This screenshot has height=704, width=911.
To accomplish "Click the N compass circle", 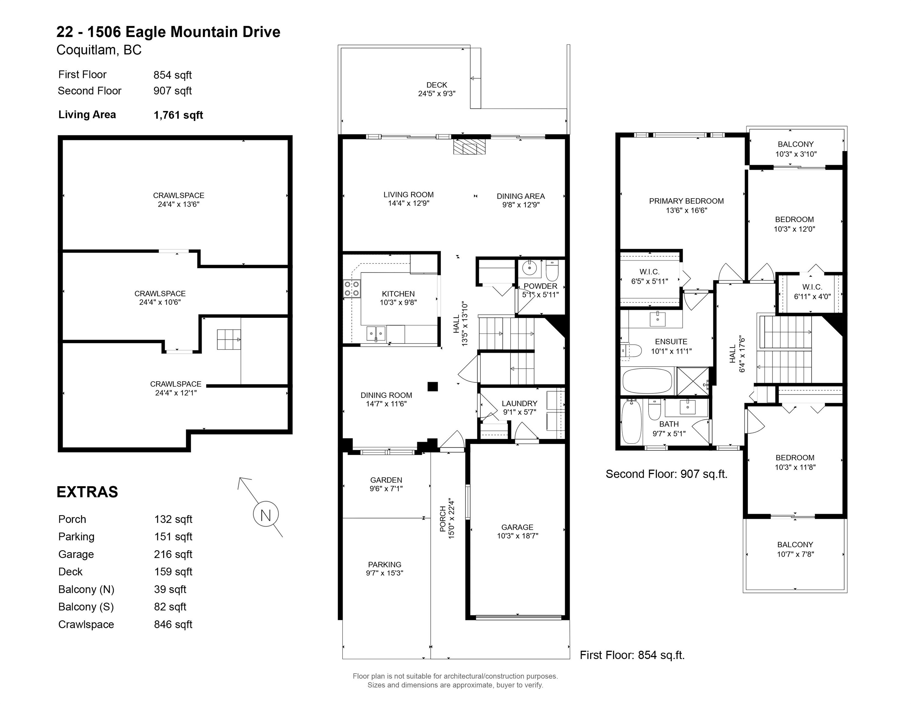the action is click(266, 514).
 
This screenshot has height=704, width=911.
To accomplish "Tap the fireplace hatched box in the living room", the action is click(470, 147).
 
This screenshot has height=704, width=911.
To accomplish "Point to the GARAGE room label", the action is click(517, 527).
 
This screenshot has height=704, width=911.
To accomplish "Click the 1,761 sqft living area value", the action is click(178, 115).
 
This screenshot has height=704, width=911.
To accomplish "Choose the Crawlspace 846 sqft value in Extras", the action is click(173, 624).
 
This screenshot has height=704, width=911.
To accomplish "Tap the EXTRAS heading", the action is click(87, 492).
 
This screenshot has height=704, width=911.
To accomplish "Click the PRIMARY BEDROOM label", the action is click(686, 201).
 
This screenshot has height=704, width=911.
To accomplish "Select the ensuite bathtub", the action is click(647, 380).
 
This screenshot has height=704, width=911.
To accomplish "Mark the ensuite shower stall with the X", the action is click(693, 381).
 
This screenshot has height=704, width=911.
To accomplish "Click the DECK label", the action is click(437, 85).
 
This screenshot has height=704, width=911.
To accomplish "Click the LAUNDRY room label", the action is click(519, 403).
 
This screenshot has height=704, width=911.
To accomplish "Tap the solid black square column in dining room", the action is click(432, 387).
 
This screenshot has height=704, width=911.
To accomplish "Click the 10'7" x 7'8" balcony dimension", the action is click(795, 554).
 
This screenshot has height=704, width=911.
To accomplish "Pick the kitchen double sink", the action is click(376, 334).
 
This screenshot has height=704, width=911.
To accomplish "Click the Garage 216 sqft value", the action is click(173, 554).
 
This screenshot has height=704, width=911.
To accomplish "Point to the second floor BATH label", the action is click(669, 424).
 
